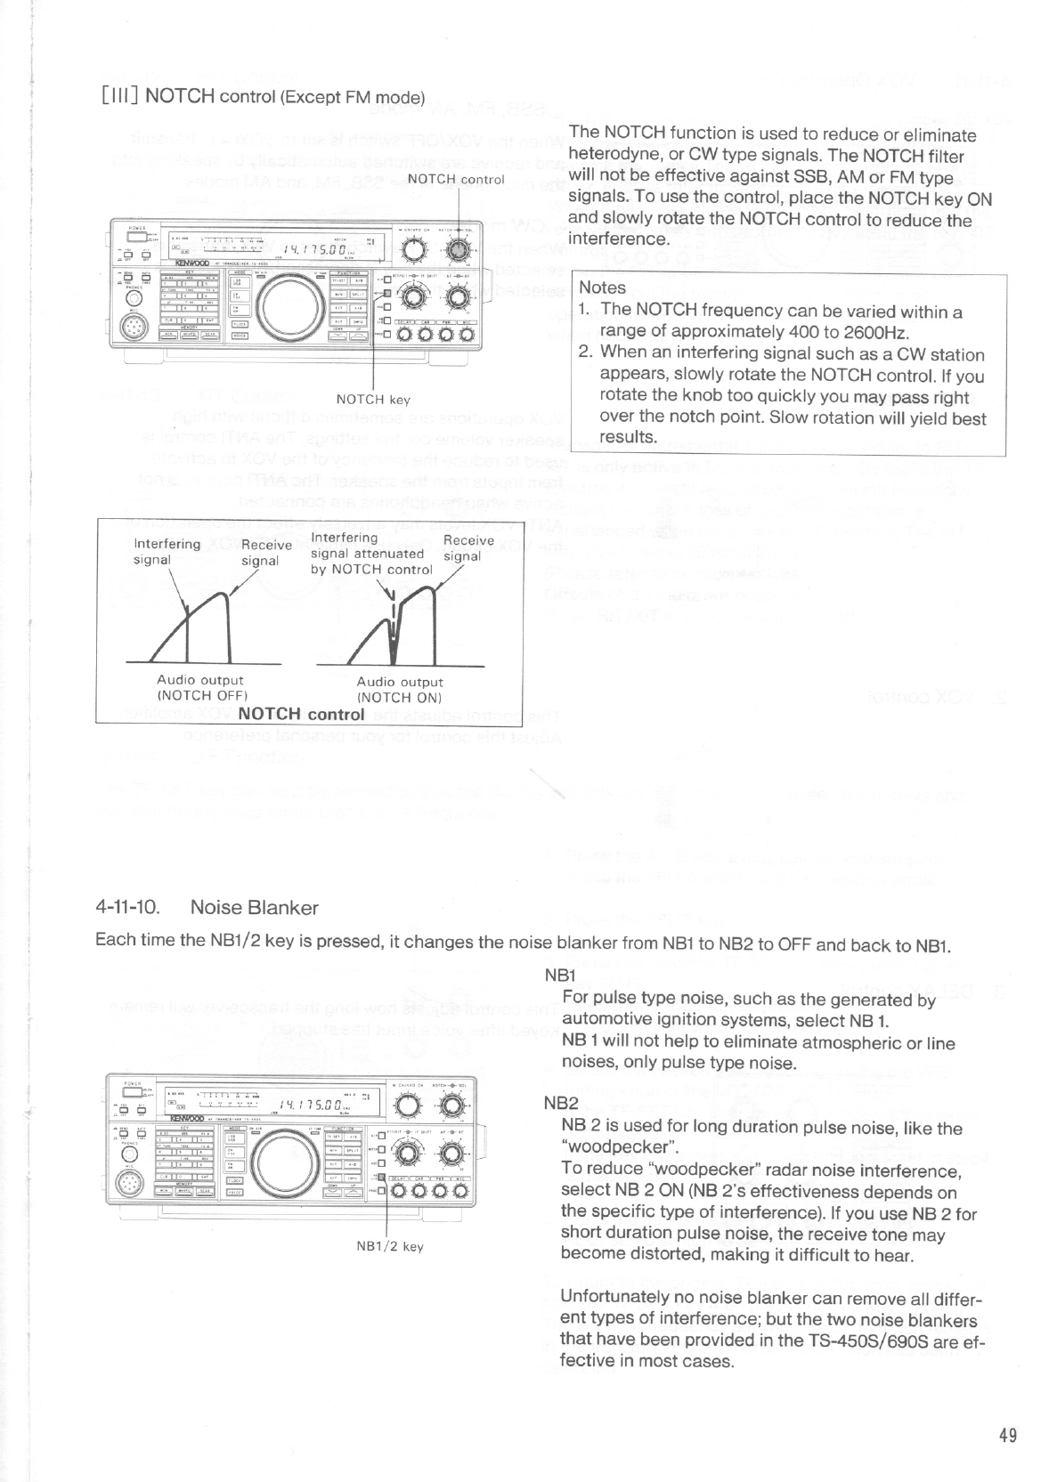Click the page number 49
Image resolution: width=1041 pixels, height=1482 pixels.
1007,1435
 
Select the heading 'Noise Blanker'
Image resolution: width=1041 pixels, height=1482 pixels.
254,908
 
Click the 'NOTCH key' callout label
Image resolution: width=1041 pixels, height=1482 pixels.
373,400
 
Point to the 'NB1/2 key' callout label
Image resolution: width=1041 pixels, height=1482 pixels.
389,1246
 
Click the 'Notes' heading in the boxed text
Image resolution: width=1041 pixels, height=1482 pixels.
602,287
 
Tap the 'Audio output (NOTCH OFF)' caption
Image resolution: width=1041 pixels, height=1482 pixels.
200,688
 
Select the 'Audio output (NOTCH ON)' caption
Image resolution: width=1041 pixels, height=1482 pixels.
400,690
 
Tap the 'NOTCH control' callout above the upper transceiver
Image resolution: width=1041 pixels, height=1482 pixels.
456,178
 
